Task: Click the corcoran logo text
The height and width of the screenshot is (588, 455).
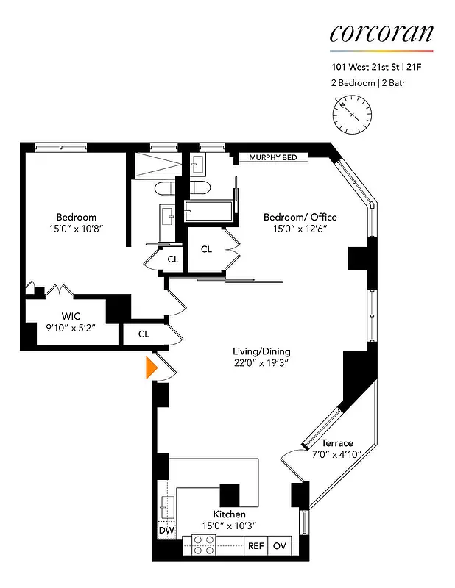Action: click(x=381, y=33)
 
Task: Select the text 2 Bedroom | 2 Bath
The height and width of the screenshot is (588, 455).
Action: click(x=369, y=83)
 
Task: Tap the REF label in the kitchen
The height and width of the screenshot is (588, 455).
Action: click(x=255, y=546)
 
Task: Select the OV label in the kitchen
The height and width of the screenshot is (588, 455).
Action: click(x=280, y=546)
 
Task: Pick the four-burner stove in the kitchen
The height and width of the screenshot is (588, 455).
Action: click(x=203, y=545)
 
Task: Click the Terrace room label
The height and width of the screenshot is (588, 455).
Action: click(x=337, y=443)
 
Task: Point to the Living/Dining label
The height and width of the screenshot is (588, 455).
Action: click(x=257, y=351)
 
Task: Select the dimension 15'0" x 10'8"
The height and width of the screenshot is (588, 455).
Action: click(x=76, y=229)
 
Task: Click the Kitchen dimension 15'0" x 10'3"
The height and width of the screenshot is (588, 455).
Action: click(x=229, y=526)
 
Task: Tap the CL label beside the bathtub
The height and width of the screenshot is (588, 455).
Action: click(x=206, y=249)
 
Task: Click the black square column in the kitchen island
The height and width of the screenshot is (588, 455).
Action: click(x=230, y=494)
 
